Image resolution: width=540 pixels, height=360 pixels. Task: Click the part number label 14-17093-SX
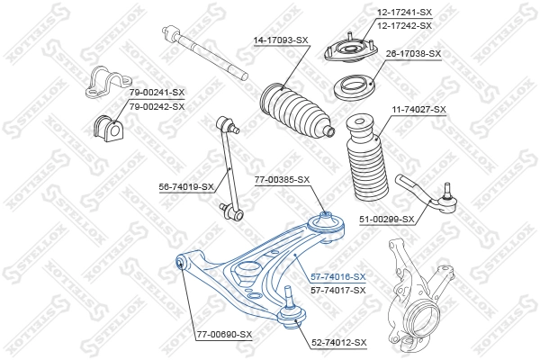click(281, 40)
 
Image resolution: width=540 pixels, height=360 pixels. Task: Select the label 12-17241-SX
click(405, 13)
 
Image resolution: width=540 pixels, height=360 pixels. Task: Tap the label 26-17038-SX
click(413, 54)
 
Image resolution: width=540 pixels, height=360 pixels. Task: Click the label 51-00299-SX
click(386, 219)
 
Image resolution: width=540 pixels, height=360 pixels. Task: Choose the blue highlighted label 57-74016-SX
click(337, 277)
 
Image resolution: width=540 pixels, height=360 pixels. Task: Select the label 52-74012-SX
click(339, 342)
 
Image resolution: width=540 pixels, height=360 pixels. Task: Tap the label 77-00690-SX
click(224, 335)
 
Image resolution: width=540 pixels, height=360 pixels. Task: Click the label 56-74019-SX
click(186, 187)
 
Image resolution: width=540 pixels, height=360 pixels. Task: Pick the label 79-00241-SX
click(156, 93)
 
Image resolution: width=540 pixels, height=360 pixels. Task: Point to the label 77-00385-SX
click(282, 179)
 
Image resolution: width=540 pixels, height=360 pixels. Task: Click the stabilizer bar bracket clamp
click(102, 82)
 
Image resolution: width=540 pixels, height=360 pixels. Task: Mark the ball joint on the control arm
click(289, 305)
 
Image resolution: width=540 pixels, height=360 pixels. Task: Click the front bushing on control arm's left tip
click(180, 262)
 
